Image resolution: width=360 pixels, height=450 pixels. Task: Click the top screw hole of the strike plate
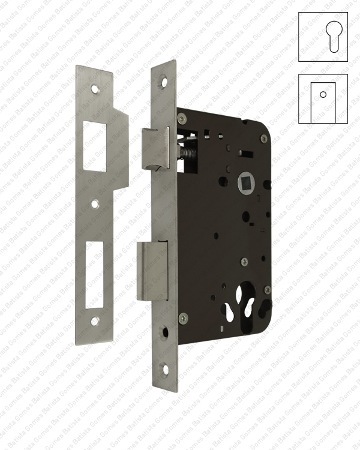tap(94, 89)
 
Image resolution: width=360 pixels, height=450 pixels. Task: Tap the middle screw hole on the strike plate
tap(95, 204)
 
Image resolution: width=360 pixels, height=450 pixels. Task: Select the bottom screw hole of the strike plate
tap(94, 322)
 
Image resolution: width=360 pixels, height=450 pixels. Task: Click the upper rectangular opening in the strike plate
tap(95, 146)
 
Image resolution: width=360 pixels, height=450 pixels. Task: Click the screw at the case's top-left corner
tap(183, 118)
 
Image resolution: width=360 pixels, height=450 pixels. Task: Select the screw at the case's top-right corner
tap(263, 139)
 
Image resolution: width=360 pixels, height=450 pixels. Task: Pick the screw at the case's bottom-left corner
tap(184, 317)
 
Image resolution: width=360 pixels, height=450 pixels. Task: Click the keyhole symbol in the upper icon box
tap(323, 36)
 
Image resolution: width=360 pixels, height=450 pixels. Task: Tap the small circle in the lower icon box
tap(323, 94)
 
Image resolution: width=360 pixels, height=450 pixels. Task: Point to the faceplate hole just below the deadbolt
tap(164, 330)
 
